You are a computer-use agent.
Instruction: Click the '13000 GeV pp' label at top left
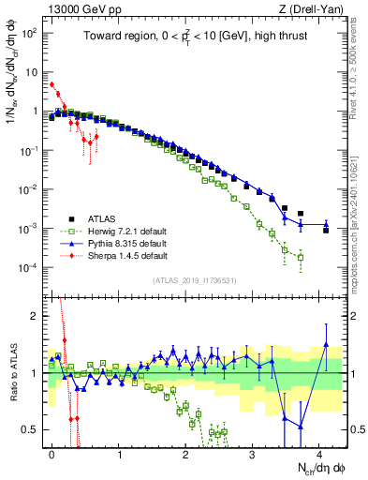click(78, 8)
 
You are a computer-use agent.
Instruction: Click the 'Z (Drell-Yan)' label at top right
click(310, 8)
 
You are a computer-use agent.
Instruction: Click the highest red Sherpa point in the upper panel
click(52, 84)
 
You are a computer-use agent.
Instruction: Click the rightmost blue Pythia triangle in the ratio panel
click(326, 344)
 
